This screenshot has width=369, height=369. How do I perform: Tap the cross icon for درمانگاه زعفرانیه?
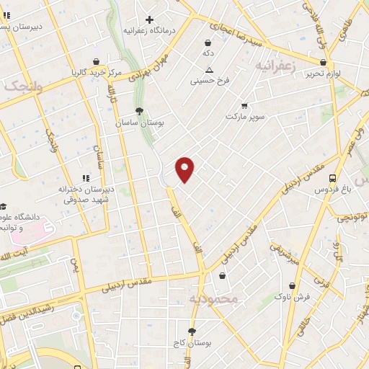[x=150, y=19]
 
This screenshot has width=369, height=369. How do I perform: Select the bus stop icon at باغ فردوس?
[x=332, y=178]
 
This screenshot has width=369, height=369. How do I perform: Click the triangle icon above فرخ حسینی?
[x=209, y=70]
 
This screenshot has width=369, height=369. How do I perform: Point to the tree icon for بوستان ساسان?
[x=140, y=111]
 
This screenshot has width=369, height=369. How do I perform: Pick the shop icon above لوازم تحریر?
[x=322, y=62]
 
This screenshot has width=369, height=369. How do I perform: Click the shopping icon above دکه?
[x=208, y=43]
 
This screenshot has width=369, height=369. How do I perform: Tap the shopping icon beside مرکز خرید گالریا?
[x=96, y=61]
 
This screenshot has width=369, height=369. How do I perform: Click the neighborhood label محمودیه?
[x=213, y=298]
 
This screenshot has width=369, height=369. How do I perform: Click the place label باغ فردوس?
[x=331, y=190]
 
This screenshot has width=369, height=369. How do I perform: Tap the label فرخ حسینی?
[x=209, y=81]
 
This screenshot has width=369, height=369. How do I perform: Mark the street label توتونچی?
[x=349, y=216]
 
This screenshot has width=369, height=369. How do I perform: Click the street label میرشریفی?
[x=283, y=252]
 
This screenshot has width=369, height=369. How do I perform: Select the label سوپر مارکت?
[x=245, y=115]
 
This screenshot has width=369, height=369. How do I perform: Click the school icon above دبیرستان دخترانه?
[x=86, y=177]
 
